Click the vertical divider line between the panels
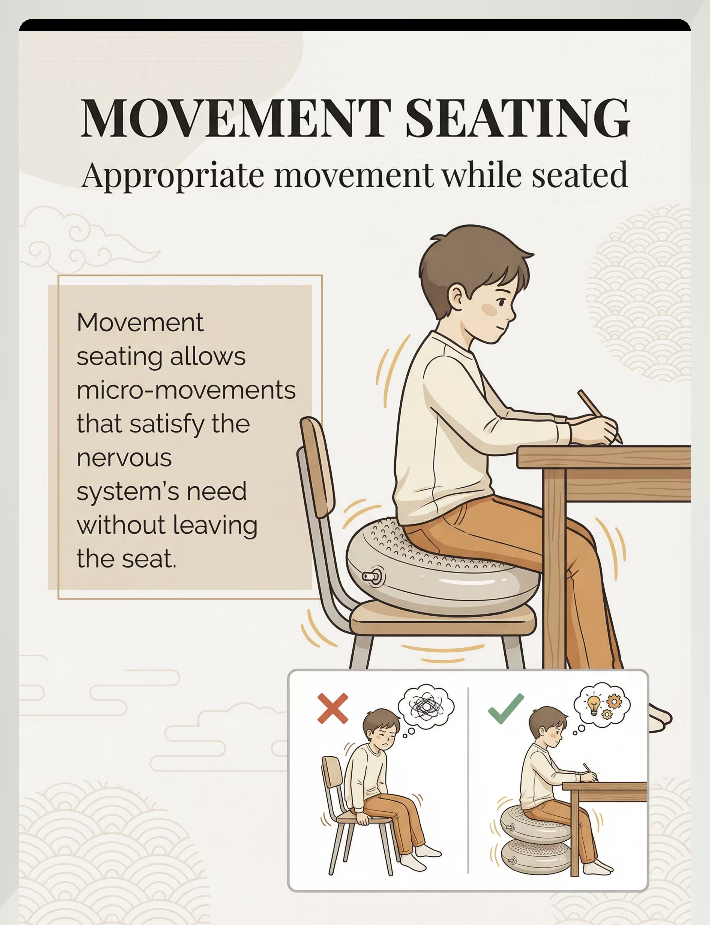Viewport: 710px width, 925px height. click(468, 781)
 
